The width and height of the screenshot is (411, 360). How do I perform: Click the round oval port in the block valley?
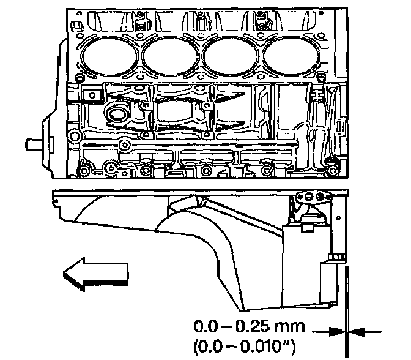pyautogui.click(x=116, y=115)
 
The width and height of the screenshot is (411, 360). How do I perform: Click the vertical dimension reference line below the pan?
pyautogui.click(x=346, y=306)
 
